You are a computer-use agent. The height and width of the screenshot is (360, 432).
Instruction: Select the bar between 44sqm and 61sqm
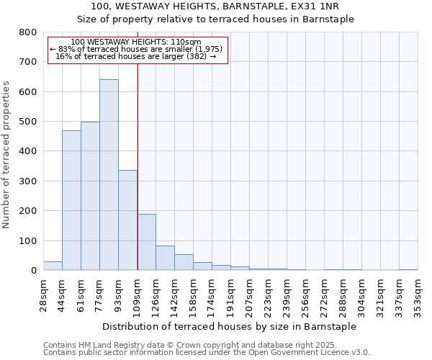pos(71,200)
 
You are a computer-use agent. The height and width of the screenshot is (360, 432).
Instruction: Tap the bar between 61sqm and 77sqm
pos(90,196)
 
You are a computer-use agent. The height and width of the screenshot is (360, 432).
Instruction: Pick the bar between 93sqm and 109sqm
pos(127,220)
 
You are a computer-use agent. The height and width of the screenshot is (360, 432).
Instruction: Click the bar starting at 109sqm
pos(146,242)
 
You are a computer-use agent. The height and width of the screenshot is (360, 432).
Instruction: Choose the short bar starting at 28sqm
pos(53,266)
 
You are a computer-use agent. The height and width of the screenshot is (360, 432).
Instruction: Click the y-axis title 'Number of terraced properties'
pos(7,154)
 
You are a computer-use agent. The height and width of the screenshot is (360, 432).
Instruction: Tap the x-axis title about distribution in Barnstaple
pos(230,326)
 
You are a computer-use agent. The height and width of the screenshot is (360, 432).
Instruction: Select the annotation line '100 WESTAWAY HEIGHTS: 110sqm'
pos(137,42)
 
